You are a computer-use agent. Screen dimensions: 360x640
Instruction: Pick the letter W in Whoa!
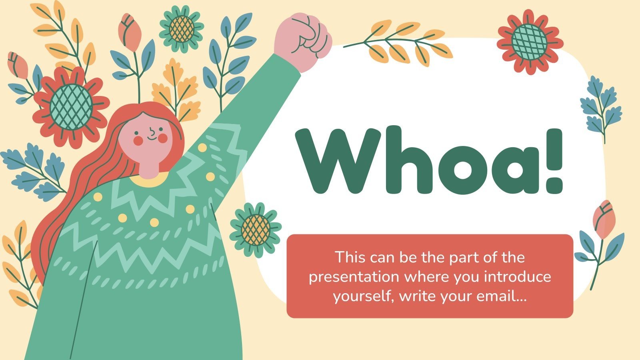[338, 160]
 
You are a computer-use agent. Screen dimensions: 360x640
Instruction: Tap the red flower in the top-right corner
[530, 42]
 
